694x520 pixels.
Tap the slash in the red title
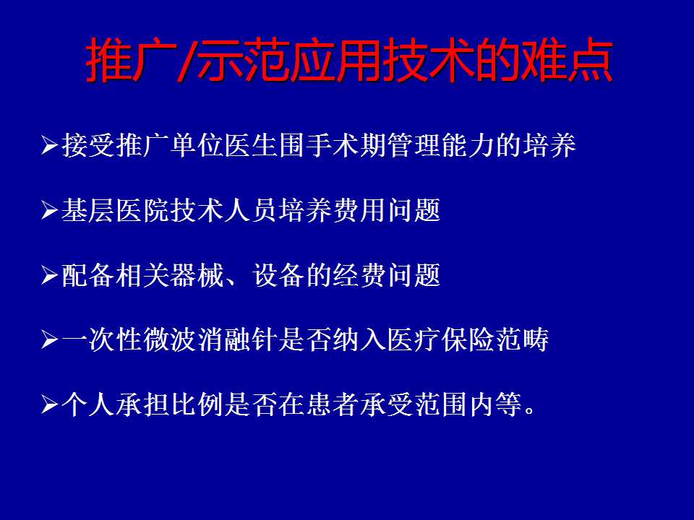tap(187, 60)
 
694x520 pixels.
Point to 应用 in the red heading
tap(335, 60)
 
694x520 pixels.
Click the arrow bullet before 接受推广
tap(50, 145)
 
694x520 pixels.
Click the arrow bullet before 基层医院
tap(50, 209)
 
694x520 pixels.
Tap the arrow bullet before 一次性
tap(50, 339)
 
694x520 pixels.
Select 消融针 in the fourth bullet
tap(238, 339)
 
